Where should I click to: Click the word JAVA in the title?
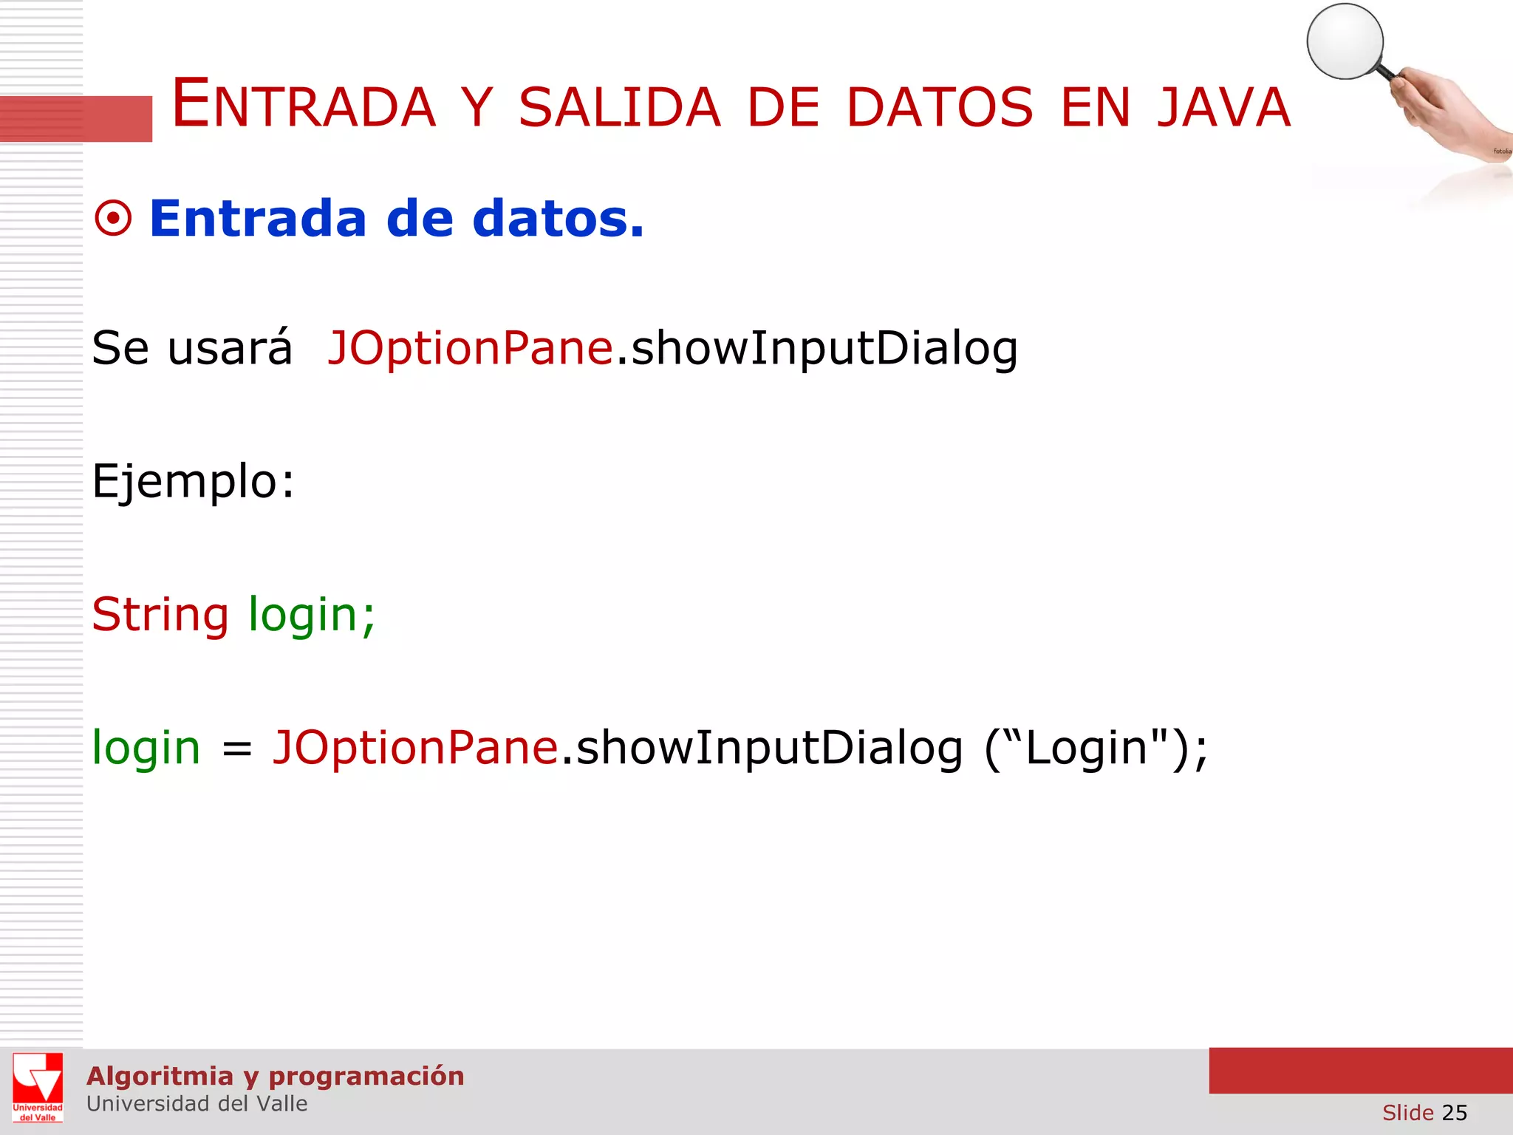pyautogui.click(x=1223, y=108)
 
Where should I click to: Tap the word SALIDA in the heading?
pyautogui.click(x=619, y=108)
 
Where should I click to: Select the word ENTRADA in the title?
pyautogui.click(x=303, y=105)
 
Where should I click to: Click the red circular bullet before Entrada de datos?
pyautogui.click(x=113, y=219)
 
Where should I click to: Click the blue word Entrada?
pyautogui.click(x=258, y=219)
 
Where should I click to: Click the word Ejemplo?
pyautogui.click(x=193, y=482)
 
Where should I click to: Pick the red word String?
pyautogui.click(x=160, y=614)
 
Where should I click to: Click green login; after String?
pyautogui.click(x=312, y=614)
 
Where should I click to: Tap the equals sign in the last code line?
pyautogui.click(x=237, y=749)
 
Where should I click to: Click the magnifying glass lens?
pyautogui.click(x=1345, y=41)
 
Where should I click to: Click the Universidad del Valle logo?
pyautogui.click(x=38, y=1087)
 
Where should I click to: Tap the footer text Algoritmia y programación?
pyautogui.click(x=275, y=1076)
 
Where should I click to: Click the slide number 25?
pyautogui.click(x=1454, y=1112)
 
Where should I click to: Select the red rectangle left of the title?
pyautogui.click(x=76, y=118)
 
